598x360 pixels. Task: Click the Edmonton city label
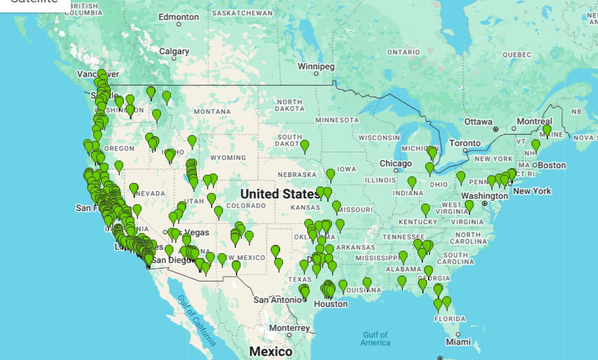coord(179,17)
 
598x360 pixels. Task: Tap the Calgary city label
coord(174,51)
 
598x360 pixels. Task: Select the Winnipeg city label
coord(316,66)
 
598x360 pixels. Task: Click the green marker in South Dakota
coord(304,145)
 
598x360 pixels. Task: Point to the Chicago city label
coord(396,163)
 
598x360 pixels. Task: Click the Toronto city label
coord(465,143)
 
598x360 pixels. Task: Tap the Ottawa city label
coord(478,122)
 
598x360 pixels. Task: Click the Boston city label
coord(551,165)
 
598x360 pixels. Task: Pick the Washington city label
coord(485,196)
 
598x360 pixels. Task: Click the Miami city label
coord(458,342)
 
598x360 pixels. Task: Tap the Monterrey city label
coord(289,328)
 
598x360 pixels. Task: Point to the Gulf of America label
coord(375,339)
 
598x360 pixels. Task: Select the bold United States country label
coord(280,194)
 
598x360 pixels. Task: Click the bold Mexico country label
coord(271,352)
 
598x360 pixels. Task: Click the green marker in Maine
coord(547,129)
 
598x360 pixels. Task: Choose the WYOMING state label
coord(228,158)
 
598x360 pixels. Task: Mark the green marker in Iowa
coord(330,174)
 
